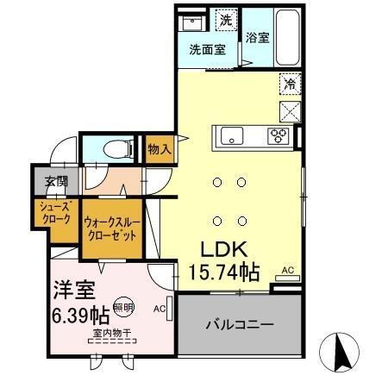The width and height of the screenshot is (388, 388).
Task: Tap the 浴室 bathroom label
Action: click(256, 38)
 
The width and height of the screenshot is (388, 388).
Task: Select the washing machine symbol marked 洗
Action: click(224, 20)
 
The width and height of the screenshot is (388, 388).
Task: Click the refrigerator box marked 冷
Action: click(291, 84)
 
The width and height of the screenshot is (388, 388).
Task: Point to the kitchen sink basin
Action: click(233, 135)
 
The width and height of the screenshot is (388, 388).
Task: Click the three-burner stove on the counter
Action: click(278, 135)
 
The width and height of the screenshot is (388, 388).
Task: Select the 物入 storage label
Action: click(160, 148)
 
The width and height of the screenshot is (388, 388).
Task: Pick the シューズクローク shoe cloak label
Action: click(53, 212)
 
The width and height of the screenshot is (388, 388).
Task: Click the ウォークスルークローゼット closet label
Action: click(110, 228)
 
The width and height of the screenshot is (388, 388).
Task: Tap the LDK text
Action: click(225, 249)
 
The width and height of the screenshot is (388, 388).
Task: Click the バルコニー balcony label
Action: click(239, 325)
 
